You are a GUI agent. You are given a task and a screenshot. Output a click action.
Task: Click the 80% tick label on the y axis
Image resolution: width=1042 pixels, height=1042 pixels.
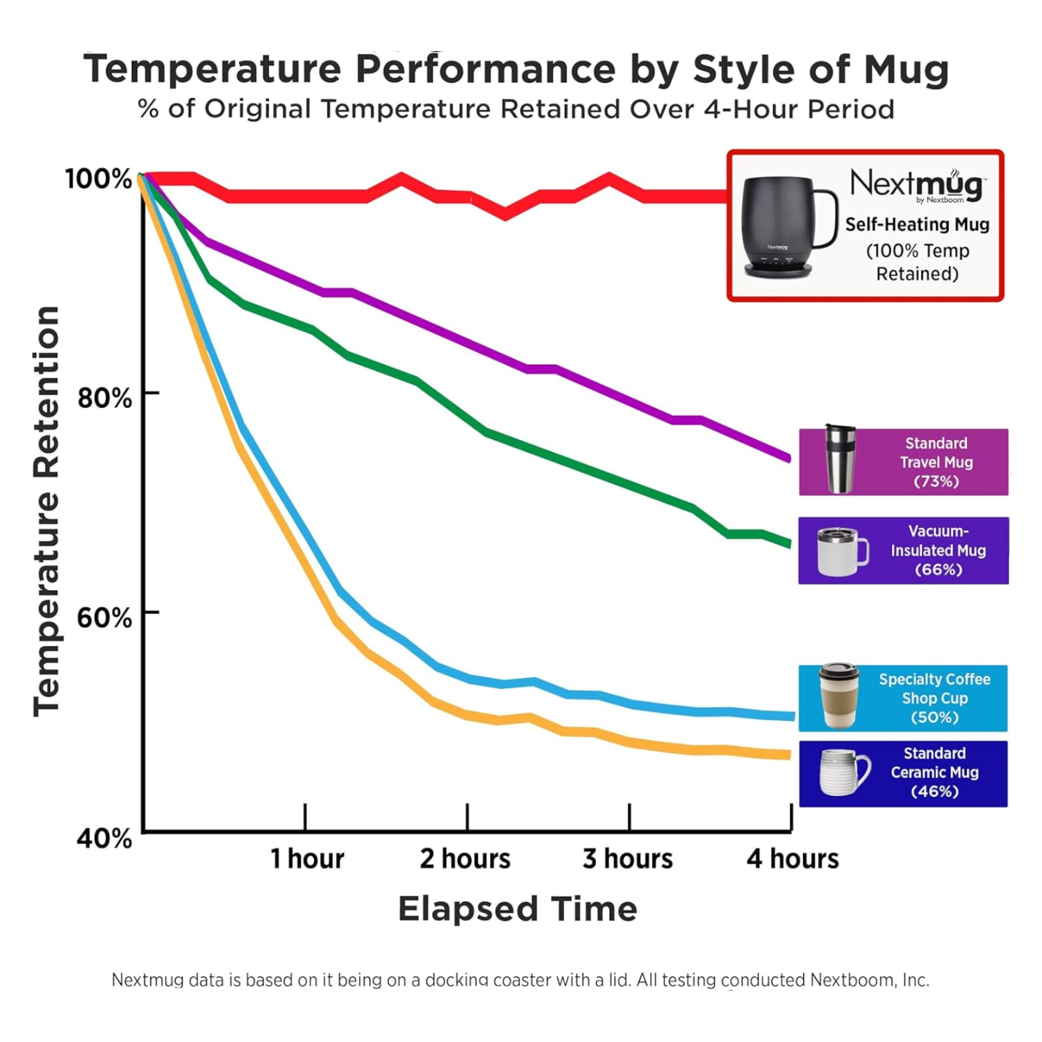point(104,398)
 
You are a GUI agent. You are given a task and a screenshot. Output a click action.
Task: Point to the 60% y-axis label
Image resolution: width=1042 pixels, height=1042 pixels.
point(104,618)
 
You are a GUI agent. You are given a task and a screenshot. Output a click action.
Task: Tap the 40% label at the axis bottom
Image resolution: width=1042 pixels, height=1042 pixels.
point(104,838)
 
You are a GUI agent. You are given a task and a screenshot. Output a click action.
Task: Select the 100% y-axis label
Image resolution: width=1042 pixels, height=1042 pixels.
point(99,179)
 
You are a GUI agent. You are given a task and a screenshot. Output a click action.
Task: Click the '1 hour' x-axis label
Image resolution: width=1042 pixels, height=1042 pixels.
point(307,859)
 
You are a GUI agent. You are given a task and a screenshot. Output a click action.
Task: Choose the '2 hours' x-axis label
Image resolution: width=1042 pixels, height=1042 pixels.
point(465,859)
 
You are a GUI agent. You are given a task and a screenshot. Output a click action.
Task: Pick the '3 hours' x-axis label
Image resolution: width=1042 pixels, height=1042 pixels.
point(628,859)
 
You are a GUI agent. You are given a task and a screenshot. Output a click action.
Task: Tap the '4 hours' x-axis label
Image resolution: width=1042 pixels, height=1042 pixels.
point(793,859)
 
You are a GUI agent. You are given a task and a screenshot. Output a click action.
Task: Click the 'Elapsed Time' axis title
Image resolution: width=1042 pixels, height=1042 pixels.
point(518,909)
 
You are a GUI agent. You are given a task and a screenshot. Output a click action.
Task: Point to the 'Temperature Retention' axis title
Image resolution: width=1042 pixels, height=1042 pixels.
point(47,511)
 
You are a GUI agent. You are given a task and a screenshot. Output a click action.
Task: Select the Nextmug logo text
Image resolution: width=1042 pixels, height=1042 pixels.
point(917,185)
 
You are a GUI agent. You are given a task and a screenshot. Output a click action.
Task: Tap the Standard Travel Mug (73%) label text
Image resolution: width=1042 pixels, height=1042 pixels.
point(936,462)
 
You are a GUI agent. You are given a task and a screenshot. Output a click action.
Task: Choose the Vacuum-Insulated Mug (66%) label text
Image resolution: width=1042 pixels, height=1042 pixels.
point(938,550)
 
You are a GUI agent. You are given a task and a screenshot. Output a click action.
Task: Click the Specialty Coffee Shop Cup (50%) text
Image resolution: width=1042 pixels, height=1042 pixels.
point(934,698)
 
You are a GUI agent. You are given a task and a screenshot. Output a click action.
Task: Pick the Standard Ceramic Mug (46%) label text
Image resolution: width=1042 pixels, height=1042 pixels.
point(934,772)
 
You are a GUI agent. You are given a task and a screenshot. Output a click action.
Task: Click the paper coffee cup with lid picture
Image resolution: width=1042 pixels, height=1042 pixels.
point(839,696)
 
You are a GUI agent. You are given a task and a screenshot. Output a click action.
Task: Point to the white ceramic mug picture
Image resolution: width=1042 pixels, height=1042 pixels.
point(843,772)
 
